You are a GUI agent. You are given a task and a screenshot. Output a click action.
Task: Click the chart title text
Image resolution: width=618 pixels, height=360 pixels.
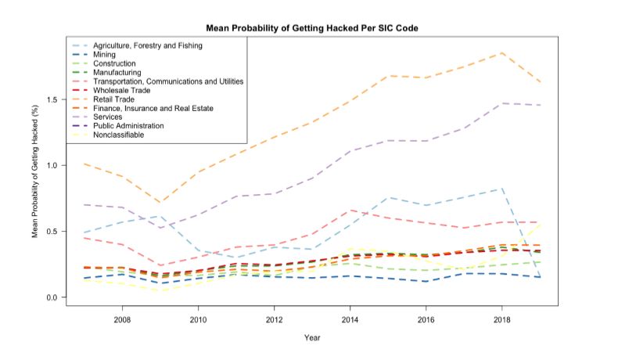(313, 28)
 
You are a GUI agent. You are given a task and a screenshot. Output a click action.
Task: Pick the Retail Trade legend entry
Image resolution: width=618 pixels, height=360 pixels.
(117, 99)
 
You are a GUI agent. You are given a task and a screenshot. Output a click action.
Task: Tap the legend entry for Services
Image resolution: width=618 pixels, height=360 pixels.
(110, 117)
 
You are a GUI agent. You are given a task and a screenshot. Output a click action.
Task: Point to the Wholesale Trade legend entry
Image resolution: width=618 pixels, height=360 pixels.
(122, 91)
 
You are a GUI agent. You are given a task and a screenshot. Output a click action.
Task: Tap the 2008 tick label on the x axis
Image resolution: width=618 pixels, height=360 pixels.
(122, 319)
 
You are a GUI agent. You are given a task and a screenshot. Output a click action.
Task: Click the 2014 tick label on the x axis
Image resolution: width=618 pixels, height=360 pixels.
(350, 319)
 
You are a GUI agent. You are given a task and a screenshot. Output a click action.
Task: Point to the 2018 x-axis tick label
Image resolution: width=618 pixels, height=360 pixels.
(501, 319)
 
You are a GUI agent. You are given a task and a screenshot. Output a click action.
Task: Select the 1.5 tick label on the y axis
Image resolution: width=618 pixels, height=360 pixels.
(52, 99)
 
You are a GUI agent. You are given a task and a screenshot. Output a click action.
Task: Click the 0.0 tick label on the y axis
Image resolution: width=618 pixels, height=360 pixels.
(52, 297)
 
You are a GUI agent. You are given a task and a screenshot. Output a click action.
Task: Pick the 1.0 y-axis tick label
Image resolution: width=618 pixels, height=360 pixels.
(52, 165)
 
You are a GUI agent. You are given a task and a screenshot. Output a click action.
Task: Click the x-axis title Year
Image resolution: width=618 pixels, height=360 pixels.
(313, 339)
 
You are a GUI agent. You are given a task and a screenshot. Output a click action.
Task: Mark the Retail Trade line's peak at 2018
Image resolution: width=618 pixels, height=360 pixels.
(501, 52)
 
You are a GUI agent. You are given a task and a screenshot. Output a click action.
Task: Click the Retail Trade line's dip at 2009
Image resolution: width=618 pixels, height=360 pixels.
(160, 203)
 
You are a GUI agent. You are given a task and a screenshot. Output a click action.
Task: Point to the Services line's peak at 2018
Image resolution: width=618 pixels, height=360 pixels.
(501, 103)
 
